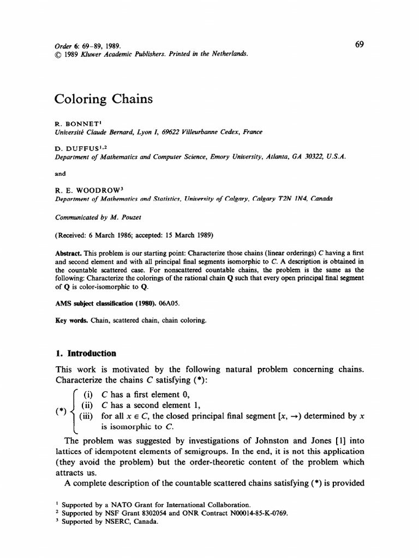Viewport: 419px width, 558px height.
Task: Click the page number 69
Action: (x=359, y=45)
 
